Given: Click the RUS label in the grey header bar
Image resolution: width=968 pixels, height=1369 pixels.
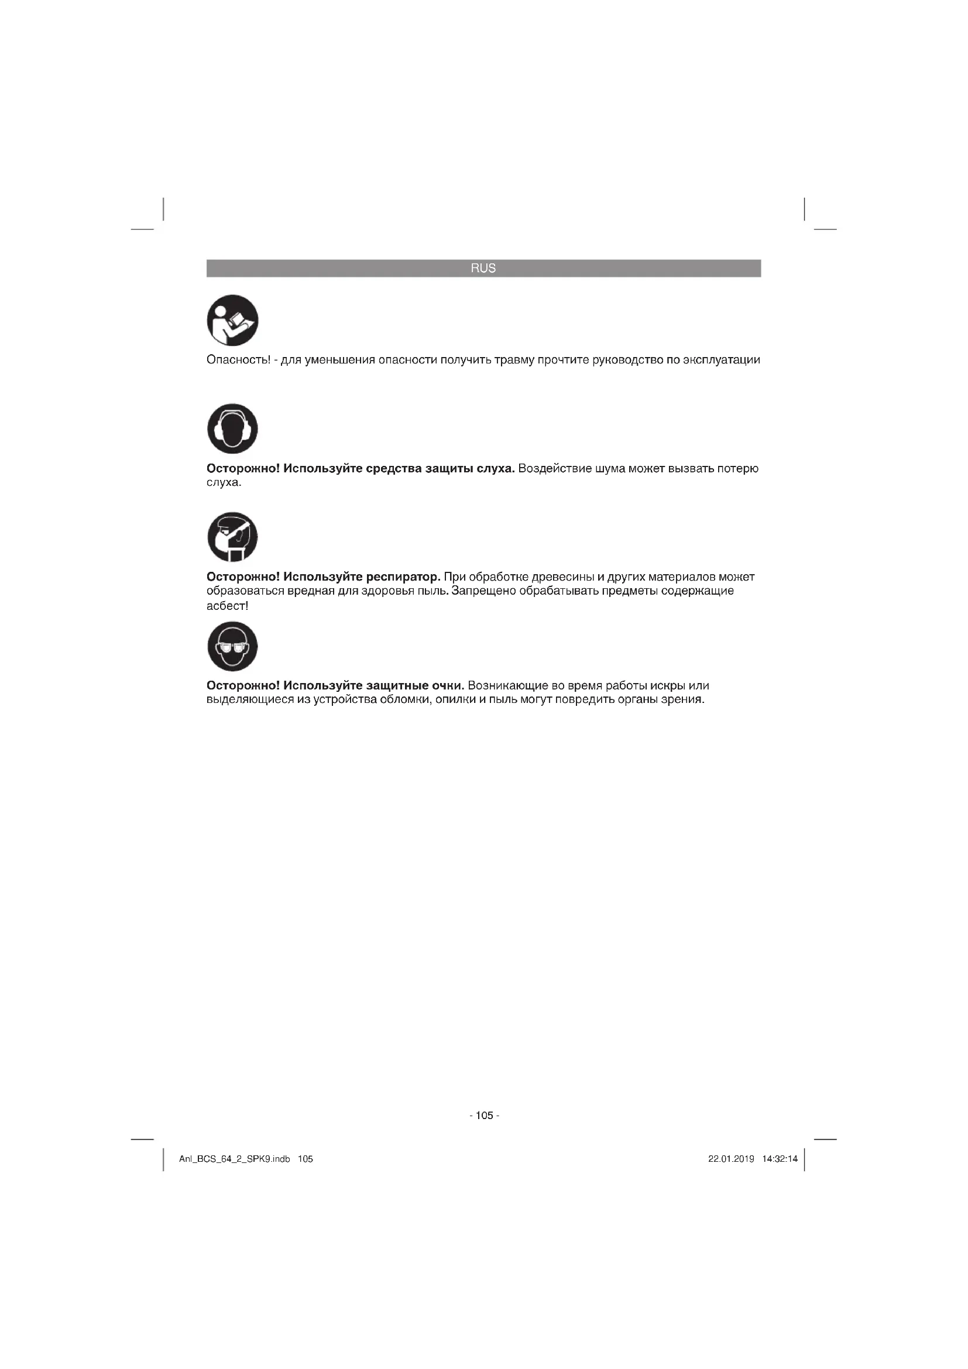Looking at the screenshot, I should (x=483, y=268).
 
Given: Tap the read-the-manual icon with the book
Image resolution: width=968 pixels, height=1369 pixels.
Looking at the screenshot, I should (x=232, y=320).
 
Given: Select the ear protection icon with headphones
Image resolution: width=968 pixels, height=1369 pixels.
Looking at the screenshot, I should (x=232, y=428).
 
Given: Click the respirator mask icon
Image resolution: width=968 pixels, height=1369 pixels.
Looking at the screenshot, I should (x=232, y=537).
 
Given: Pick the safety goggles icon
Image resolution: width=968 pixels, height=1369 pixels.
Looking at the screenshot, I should (x=232, y=646).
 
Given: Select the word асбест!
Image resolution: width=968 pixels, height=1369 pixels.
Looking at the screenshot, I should (x=227, y=606).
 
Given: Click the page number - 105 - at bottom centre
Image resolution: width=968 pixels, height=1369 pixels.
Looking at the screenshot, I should (x=484, y=1116).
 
